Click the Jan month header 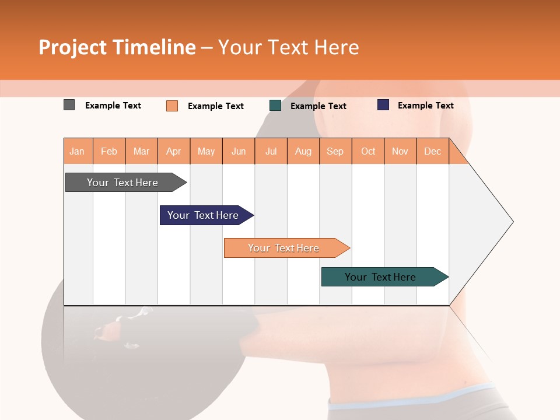[x=78, y=151]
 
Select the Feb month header [x=109, y=151]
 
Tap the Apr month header [x=174, y=151]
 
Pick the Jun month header [x=239, y=151]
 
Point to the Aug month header [x=303, y=151]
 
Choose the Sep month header [x=335, y=151]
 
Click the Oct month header [x=368, y=151]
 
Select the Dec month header [x=433, y=151]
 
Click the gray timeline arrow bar [x=123, y=183]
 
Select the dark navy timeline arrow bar [x=203, y=215]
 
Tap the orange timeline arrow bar [x=283, y=248]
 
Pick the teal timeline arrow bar [x=380, y=277]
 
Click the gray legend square [x=69, y=105]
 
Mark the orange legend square [x=172, y=106]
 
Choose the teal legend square [x=275, y=106]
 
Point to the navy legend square [x=383, y=105]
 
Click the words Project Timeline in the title [x=117, y=47]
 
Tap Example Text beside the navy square [x=425, y=106]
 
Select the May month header [x=206, y=151]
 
